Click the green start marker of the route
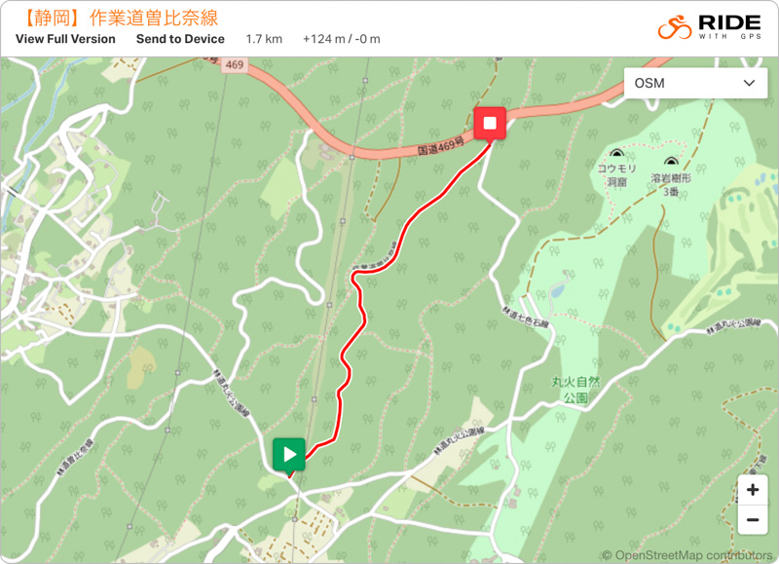point(289,454)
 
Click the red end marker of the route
point(490,123)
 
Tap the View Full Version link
point(65,39)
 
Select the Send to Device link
point(180,39)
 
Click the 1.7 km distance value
point(264,39)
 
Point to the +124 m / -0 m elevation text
point(341,39)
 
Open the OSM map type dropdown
point(694,83)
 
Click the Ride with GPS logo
point(708,27)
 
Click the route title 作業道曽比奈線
point(153,18)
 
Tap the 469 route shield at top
point(235,64)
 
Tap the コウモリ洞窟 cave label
point(616,174)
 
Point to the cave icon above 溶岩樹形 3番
point(670,163)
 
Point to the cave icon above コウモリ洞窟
point(616,154)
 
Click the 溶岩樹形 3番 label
point(670,185)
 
